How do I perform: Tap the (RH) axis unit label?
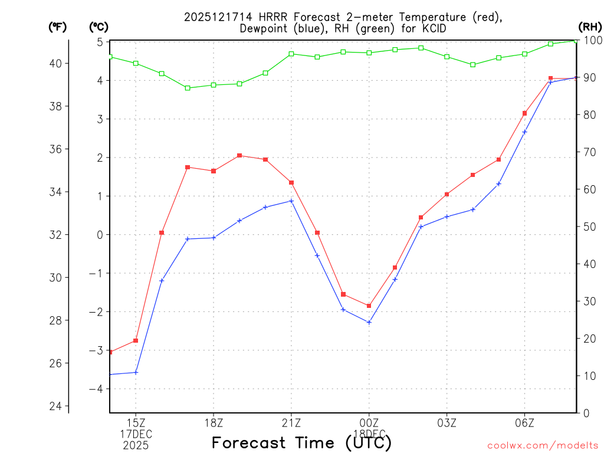(589, 27)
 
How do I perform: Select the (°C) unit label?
(99, 27)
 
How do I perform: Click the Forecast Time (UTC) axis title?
(301, 442)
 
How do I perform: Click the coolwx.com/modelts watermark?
(543, 445)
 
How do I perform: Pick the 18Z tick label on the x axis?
(214, 423)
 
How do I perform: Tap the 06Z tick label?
(524, 423)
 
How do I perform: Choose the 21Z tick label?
(291, 423)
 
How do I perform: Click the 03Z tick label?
(447, 423)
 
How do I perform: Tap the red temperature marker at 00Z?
(369, 306)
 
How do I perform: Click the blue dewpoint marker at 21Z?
(291, 201)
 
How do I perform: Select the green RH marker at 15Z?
(136, 63)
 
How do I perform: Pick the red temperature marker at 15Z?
(136, 340)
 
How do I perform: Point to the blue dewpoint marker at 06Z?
(524, 132)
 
